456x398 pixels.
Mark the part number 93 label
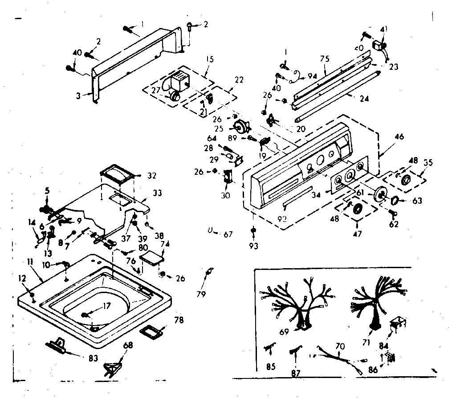pos(253,245)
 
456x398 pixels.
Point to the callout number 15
pos(210,59)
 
